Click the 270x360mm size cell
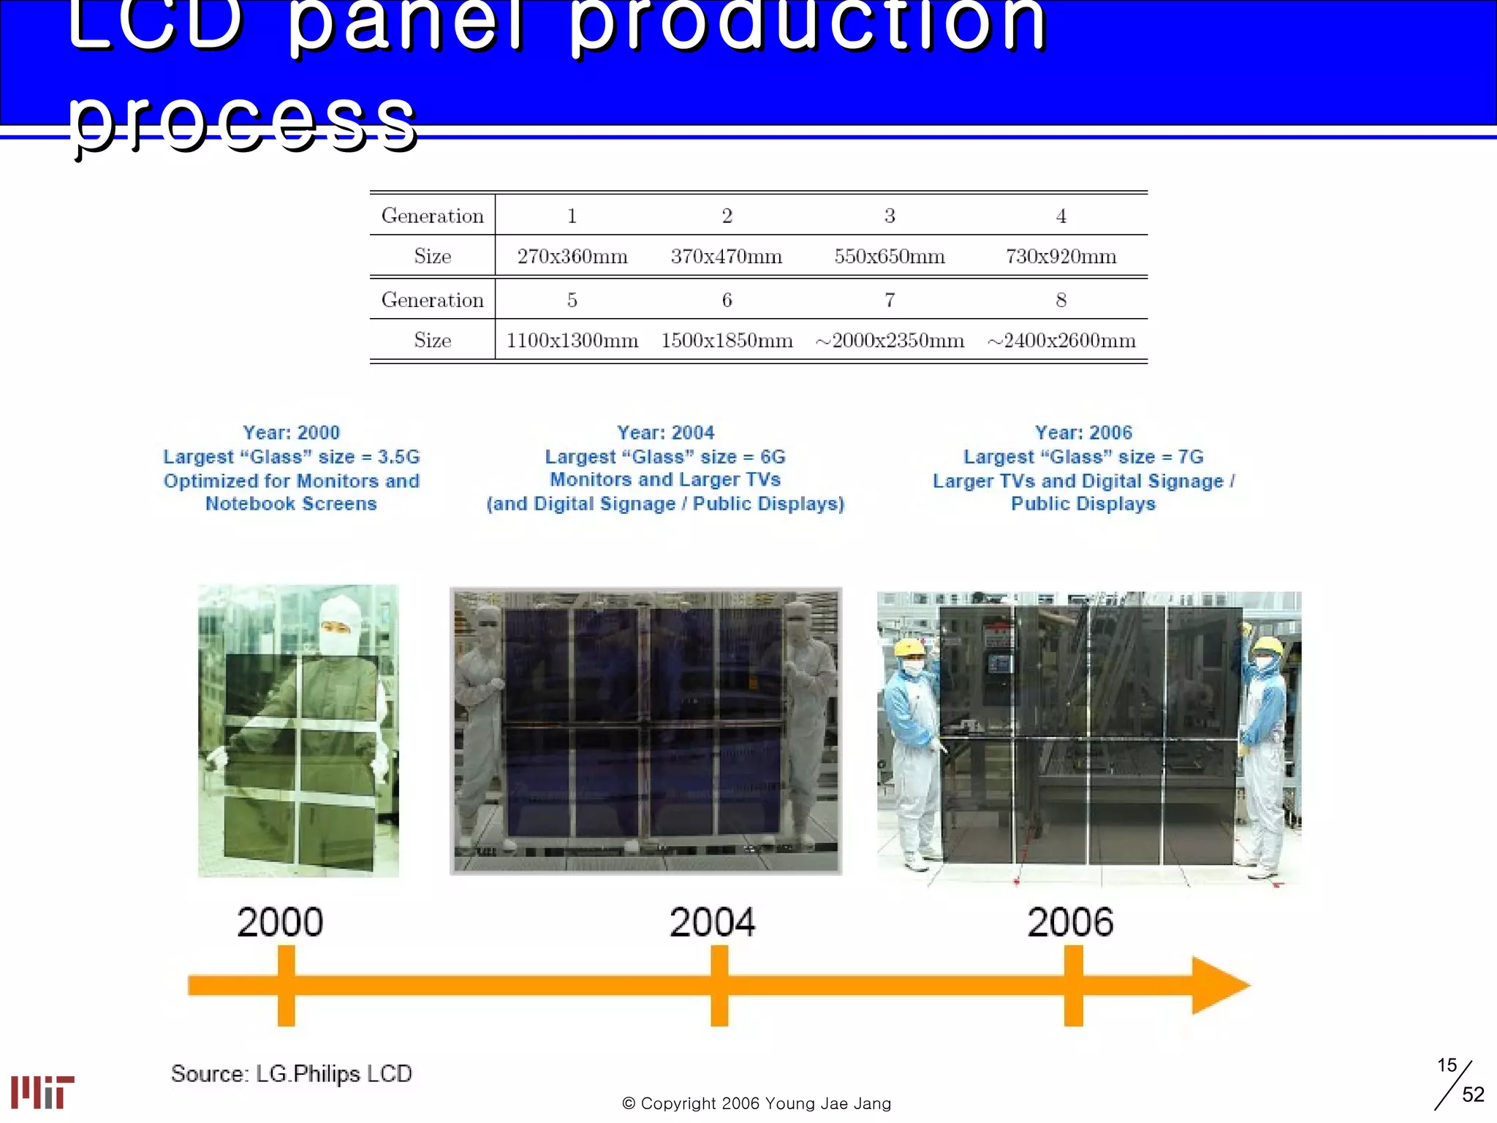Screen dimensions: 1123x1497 click(x=572, y=257)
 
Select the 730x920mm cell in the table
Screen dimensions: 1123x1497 click(x=1061, y=257)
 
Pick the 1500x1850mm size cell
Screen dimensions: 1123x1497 click(x=727, y=341)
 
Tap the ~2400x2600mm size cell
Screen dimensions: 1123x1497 click(x=1061, y=341)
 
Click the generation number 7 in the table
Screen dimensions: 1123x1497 click(x=890, y=300)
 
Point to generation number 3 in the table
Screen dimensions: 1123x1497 click(x=890, y=216)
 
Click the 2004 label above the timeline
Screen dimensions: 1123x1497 click(x=712, y=922)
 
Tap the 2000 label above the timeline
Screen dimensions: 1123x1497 click(x=280, y=922)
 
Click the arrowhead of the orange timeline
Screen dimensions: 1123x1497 click(x=1217, y=986)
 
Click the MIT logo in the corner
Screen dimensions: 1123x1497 click(x=42, y=1092)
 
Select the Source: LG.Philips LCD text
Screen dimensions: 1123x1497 click(x=292, y=1073)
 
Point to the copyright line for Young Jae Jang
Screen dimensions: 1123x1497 click(x=757, y=1103)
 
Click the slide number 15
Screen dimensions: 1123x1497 click(x=1447, y=1065)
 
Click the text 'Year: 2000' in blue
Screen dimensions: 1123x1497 click(x=292, y=433)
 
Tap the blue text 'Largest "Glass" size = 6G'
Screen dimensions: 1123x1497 click(x=665, y=457)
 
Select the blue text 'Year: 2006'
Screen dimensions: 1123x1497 click(x=1083, y=433)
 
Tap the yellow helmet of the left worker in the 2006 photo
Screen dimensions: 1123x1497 click(x=909, y=647)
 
